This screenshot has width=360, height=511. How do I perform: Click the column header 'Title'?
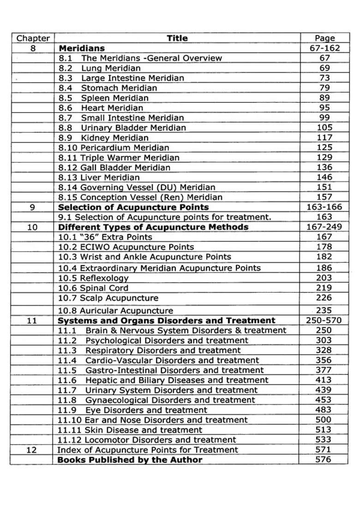click(177, 38)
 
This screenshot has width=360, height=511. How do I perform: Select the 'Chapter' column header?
click(33, 38)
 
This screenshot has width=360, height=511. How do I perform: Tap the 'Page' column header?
click(324, 38)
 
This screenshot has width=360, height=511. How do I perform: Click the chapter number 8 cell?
click(33, 48)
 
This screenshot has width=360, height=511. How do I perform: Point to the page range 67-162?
click(324, 48)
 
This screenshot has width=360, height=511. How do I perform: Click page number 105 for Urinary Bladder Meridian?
click(324, 128)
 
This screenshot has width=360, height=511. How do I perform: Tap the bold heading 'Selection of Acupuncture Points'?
click(133, 207)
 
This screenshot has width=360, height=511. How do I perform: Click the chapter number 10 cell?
click(32, 227)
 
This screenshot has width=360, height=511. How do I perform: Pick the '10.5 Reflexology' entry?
click(93, 278)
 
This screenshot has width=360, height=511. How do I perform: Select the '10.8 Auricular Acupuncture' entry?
click(115, 311)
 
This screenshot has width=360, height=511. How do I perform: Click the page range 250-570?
click(324, 321)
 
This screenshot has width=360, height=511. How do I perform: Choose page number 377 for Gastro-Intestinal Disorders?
click(324, 370)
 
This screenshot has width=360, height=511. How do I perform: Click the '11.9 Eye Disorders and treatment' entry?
click(132, 410)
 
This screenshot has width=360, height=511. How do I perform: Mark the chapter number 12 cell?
click(31, 450)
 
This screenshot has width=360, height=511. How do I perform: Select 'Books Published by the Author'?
click(130, 460)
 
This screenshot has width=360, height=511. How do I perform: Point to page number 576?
click(324, 460)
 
